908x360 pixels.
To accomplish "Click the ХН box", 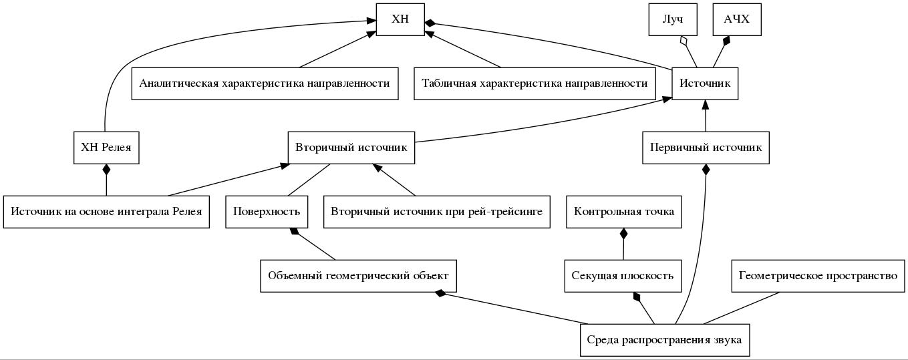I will [400, 19].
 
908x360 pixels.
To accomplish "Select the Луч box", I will [673, 19].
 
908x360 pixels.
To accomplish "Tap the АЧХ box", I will [736, 19].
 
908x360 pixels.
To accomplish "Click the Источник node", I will [705, 83].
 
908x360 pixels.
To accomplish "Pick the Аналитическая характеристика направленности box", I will [265, 83].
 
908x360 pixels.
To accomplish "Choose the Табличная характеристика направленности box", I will [535, 83].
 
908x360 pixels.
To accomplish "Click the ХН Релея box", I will [106, 148].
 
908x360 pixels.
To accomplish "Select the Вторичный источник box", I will [351, 148].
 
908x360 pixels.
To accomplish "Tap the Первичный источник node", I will [706, 148].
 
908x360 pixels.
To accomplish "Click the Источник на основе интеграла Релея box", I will [106, 212].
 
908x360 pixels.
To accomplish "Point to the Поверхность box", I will [267, 212].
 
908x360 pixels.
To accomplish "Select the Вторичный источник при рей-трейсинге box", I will [437, 212].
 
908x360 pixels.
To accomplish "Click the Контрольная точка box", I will [624, 212].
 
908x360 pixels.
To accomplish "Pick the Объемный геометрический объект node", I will [358, 276].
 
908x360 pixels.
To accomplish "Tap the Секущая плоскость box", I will [623, 276].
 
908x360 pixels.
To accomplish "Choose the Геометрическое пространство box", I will [818, 276].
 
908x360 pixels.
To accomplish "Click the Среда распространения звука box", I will [664, 340].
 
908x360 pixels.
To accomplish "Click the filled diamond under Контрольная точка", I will [624, 234].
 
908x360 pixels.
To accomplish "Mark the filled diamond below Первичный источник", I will [706, 170].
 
